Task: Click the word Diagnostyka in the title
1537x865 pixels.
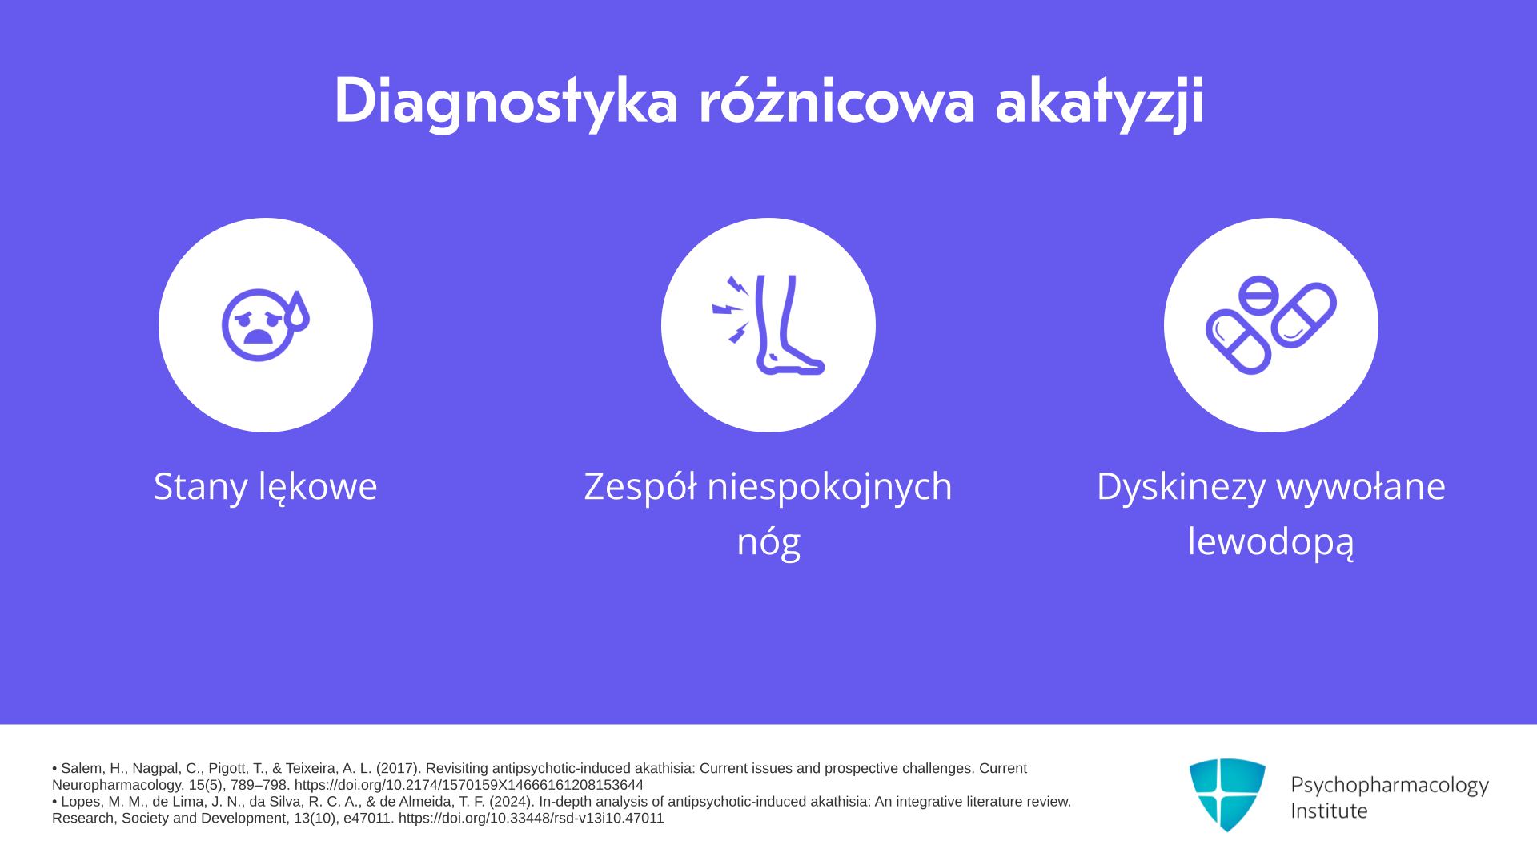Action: click(x=506, y=102)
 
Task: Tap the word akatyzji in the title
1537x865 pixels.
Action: click(x=1100, y=102)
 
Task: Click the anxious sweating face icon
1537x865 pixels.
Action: click(x=265, y=325)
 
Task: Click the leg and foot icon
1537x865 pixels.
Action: click(x=768, y=325)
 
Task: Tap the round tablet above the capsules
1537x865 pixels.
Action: click(x=1258, y=295)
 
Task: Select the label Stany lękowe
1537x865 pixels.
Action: click(x=265, y=487)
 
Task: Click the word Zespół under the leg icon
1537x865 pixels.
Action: click(x=640, y=487)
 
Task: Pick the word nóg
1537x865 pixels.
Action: click(x=768, y=542)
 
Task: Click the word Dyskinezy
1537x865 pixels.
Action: click(x=1181, y=487)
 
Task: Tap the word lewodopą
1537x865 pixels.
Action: click(x=1271, y=542)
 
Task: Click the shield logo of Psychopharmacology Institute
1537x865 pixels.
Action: click(x=1227, y=795)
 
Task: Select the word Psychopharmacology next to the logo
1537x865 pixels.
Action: click(x=1390, y=786)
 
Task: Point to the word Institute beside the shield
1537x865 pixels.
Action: click(x=1329, y=811)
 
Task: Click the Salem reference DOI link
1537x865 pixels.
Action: click(x=468, y=785)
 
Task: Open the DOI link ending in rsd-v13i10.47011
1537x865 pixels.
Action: click(x=531, y=818)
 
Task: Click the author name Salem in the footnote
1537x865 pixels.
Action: click(x=81, y=768)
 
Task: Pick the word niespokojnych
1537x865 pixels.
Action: click(x=830, y=487)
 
